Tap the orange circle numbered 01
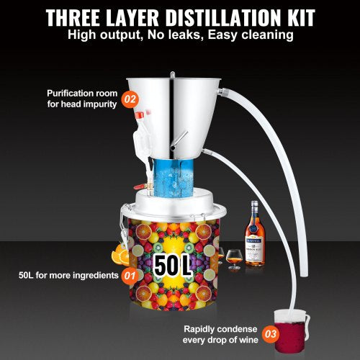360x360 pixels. click(x=129, y=275)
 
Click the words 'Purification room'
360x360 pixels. click(x=79, y=94)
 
